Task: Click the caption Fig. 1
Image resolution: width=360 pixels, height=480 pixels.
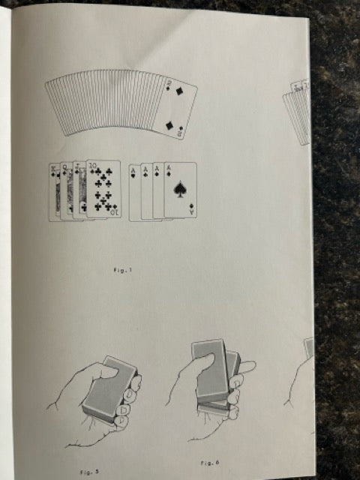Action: [x=123, y=270]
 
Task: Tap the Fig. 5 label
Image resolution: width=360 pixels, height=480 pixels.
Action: [x=89, y=472]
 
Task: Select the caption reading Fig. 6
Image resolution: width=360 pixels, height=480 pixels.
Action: [x=210, y=463]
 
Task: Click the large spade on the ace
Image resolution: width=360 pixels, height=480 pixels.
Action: [x=180, y=189]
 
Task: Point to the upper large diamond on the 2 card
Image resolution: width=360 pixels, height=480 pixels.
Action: [x=178, y=91]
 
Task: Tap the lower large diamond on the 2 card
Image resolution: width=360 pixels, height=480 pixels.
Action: [x=169, y=125]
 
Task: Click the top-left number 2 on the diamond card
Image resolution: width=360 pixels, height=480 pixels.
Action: [x=169, y=82]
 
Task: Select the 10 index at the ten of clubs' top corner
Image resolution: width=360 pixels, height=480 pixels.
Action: [x=92, y=166]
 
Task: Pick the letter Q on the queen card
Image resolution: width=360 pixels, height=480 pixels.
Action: [x=65, y=167]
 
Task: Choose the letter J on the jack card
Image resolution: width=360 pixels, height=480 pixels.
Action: [x=76, y=166]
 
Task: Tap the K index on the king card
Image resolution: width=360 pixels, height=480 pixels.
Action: [x=52, y=167]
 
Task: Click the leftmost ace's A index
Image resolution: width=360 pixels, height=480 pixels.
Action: [x=133, y=169]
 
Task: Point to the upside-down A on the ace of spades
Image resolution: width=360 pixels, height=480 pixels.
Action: [x=192, y=211]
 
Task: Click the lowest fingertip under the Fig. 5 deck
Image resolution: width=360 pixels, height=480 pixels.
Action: [x=121, y=420]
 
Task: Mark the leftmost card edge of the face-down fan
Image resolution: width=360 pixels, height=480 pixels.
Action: [x=55, y=108]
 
